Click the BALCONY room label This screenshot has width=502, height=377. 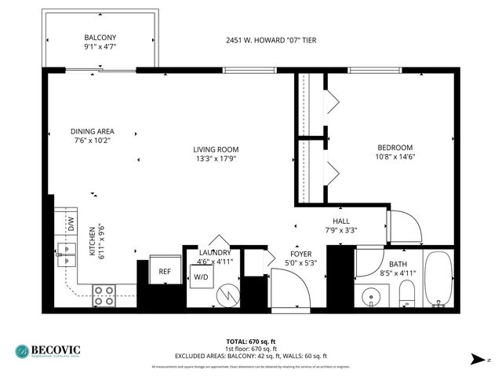(x=100, y=38)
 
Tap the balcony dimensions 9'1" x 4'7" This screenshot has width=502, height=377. (x=100, y=47)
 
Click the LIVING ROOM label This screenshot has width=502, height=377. (x=216, y=149)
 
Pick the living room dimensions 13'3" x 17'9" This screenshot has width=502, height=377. (x=216, y=159)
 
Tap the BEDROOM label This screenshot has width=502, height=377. (x=393, y=147)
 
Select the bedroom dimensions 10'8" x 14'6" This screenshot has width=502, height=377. (x=393, y=156)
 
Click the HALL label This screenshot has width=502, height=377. (x=341, y=221)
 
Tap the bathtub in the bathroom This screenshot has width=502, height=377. (x=438, y=280)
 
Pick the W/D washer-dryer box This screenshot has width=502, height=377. (x=201, y=276)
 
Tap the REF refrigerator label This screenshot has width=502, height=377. (x=165, y=272)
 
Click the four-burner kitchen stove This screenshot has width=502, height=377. (x=104, y=295)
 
